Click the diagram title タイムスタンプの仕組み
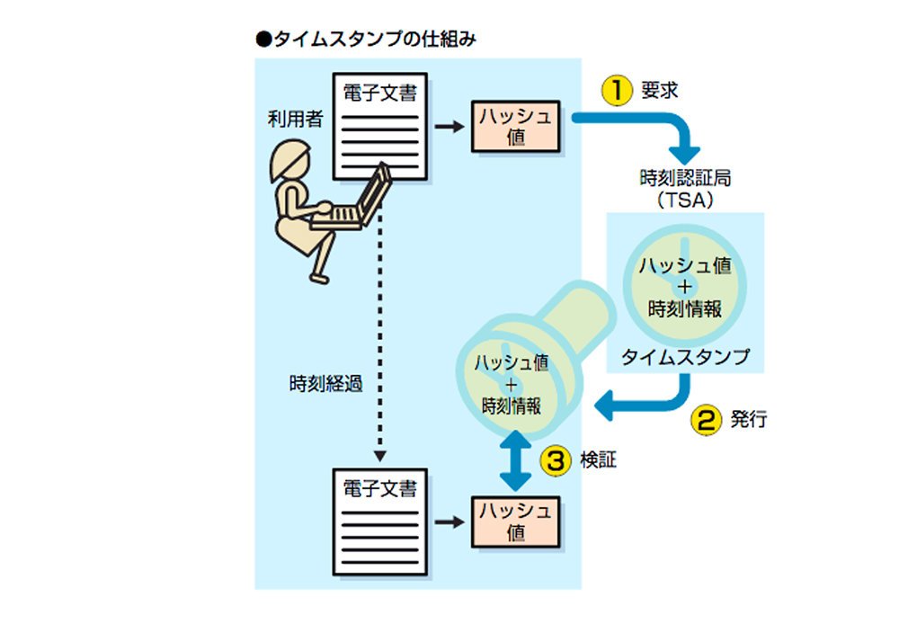(x=375, y=40)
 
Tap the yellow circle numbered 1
(x=617, y=90)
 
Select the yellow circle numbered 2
(x=706, y=420)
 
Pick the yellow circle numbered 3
(x=556, y=460)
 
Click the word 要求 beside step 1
(x=659, y=90)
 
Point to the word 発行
(x=748, y=419)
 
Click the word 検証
(x=598, y=459)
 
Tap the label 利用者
(x=295, y=120)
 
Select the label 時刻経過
(x=326, y=384)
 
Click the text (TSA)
(x=684, y=200)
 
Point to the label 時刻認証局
(x=685, y=178)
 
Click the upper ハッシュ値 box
(x=515, y=126)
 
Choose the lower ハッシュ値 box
(x=515, y=521)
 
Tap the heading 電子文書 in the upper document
(x=379, y=93)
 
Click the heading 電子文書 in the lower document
(x=379, y=488)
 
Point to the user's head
(x=289, y=161)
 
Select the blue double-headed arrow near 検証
(x=515, y=460)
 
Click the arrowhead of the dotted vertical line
(x=379, y=457)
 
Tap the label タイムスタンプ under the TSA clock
(x=685, y=357)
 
